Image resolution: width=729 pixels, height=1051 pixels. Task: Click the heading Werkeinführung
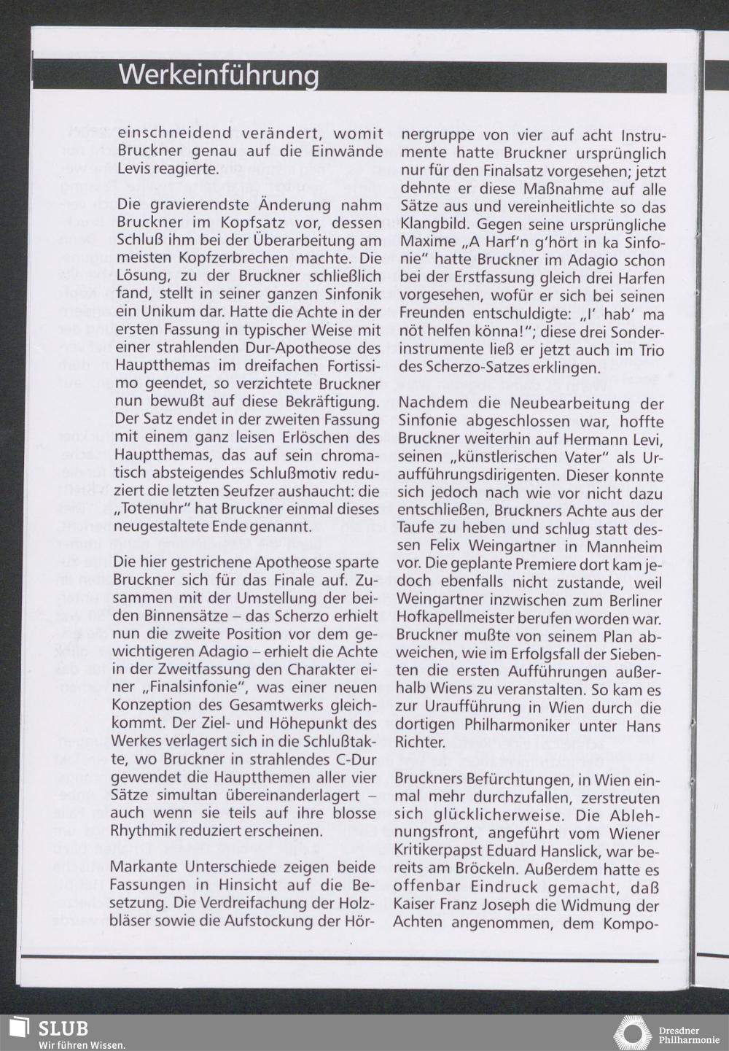point(219,76)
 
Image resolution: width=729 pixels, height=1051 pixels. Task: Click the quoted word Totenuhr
point(163,508)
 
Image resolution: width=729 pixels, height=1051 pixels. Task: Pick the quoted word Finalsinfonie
point(192,688)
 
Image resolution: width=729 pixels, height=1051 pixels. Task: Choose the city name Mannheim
point(623,546)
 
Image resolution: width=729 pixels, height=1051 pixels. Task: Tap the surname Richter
point(418,742)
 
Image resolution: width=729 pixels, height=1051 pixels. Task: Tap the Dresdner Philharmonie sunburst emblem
point(631,1033)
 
